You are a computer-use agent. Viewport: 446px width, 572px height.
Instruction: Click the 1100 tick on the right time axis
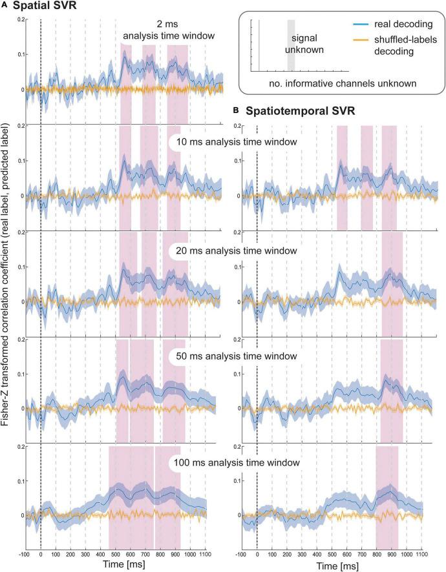pos(421,553)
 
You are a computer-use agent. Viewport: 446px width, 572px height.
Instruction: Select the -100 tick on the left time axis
pos(25,553)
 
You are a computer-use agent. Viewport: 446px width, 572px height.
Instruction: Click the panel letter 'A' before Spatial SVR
pos(5,7)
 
